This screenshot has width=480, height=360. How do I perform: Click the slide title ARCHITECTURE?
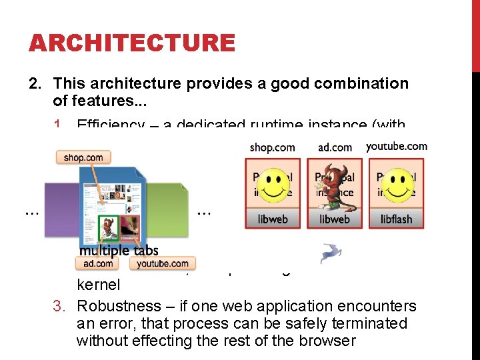(x=131, y=43)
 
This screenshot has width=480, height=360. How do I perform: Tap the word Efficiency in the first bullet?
(x=111, y=125)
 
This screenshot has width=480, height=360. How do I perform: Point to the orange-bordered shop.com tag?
(x=83, y=157)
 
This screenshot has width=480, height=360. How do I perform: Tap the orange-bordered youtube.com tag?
(x=163, y=263)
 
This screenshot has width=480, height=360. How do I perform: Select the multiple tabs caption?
(x=119, y=250)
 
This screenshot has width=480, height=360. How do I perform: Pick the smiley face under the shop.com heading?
(x=273, y=185)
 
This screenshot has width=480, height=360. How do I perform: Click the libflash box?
(x=396, y=219)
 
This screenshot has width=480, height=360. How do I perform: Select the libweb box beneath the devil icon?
(x=334, y=219)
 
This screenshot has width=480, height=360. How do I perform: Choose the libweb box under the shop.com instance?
(x=272, y=219)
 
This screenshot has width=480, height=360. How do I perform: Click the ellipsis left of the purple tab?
(x=31, y=212)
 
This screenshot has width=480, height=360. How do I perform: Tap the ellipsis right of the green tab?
(x=205, y=212)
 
